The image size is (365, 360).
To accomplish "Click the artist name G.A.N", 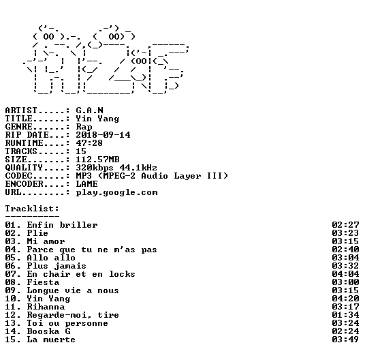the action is click(x=89, y=110).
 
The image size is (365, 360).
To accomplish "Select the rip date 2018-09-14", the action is click(x=103, y=135).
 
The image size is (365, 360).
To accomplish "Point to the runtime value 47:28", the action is click(x=89, y=142).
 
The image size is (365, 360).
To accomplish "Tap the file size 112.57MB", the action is click(x=97, y=160).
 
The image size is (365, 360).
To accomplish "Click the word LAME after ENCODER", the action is click(x=86, y=184).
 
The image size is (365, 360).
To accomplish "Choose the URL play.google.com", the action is click(x=116, y=193).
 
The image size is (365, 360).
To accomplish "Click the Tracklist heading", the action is click(x=32, y=209).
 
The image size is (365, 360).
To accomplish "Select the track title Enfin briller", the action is click(x=62, y=225).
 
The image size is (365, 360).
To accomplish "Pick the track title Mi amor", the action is click(x=46, y=241).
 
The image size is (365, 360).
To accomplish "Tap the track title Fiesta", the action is click(x=43, y=282).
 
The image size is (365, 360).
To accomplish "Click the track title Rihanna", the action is click(x=46, y=307).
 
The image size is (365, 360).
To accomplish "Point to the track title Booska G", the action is click(x=48, y=331).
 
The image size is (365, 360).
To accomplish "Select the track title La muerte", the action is click(x=51, y=340).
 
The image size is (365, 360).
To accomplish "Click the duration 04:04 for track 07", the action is click(x=345, y=274).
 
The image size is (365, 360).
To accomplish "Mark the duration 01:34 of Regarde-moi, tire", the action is click(x=345, y=315).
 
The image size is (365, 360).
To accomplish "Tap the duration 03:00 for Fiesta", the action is click(x=345, y=282).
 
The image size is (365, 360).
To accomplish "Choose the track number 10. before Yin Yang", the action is click(x=13, y=299).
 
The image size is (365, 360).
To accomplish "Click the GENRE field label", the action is click(x=18, y=127).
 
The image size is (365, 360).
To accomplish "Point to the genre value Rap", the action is click(x=84, y=127).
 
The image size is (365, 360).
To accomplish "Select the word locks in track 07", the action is click(x=122, y=274).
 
